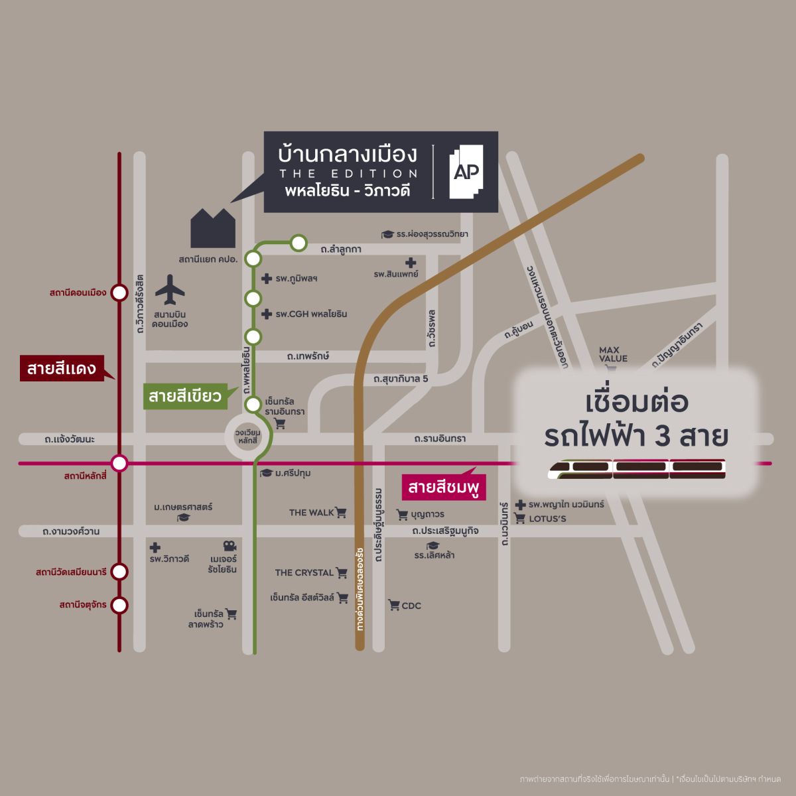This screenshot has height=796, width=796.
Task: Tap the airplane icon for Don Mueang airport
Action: tap(170, 290)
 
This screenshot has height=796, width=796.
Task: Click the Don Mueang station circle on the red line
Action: tap(119, 293)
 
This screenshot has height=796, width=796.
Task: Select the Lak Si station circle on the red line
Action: tap(119, 462)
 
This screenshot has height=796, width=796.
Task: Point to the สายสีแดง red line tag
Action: tap(62, 368)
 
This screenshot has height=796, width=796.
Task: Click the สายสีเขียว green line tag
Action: tap(185, 397)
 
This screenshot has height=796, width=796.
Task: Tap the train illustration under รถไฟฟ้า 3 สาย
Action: tap(637, 468)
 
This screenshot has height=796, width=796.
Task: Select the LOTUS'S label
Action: tap(547, 518)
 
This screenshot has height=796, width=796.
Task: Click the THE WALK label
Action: tap(312, 512)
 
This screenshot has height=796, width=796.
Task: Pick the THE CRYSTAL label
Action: tap(304, 572)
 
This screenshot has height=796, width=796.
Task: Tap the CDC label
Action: tap(411, 606)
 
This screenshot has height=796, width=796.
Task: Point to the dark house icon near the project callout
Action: tap(213, 228)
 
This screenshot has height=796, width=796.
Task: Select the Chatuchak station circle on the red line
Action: tap(119, 605)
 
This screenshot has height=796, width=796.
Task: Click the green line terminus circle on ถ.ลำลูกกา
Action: tap(298, 243)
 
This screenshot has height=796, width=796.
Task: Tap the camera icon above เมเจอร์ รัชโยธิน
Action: tap(230, 546)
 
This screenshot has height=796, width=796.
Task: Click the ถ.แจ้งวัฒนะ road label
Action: tap(70, 439)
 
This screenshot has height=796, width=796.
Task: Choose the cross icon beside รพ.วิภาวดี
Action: tap(155, 547)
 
